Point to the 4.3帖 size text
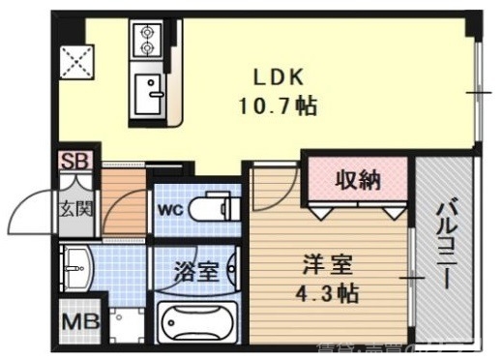(327, 291)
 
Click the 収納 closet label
(357, 180)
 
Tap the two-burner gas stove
(148, 38)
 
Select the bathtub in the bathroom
(195, 322)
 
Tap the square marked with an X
(76, 59)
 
